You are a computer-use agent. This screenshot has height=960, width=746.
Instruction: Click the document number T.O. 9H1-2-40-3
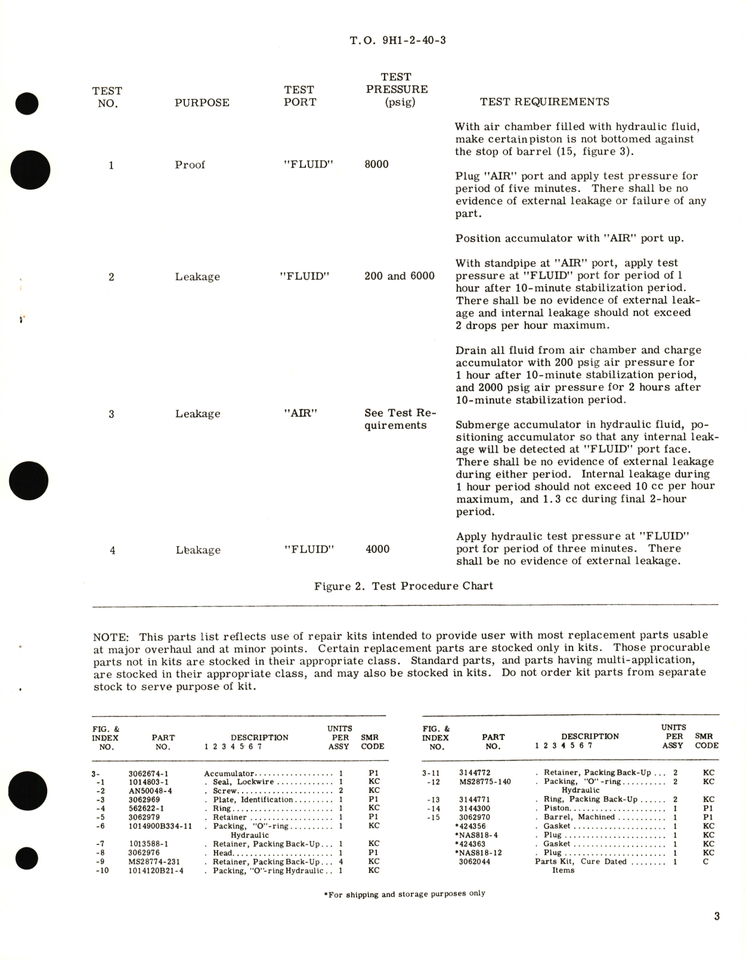tap(398, 41)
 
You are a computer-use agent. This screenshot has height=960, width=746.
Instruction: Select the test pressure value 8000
tap(376, 164)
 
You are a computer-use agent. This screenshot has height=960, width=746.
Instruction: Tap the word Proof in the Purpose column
tap(190, 165)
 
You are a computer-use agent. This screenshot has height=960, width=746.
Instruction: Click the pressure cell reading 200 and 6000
tap(399, 276)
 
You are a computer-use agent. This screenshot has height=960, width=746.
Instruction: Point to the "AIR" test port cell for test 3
tap(301, 413)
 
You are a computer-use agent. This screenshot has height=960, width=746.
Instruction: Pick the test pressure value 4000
tap(377, 549)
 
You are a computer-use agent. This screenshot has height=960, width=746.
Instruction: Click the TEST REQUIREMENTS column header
tap(544, 102)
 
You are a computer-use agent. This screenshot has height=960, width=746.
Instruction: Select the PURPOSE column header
tap(202, 103)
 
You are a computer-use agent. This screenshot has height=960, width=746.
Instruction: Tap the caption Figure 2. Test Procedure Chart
tap(404, 586)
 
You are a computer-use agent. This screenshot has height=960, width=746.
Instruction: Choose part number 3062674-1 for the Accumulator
tap(149, 773)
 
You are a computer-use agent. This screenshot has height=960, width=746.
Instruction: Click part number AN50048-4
tap(150, 791)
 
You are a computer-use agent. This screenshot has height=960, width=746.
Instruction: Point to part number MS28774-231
tap(154, 862)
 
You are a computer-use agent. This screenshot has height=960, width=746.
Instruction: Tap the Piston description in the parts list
tap(556, 809)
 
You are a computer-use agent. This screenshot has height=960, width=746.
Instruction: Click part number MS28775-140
tap(485, 782)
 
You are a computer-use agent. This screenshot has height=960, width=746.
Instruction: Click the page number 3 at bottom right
tap(717, 916)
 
